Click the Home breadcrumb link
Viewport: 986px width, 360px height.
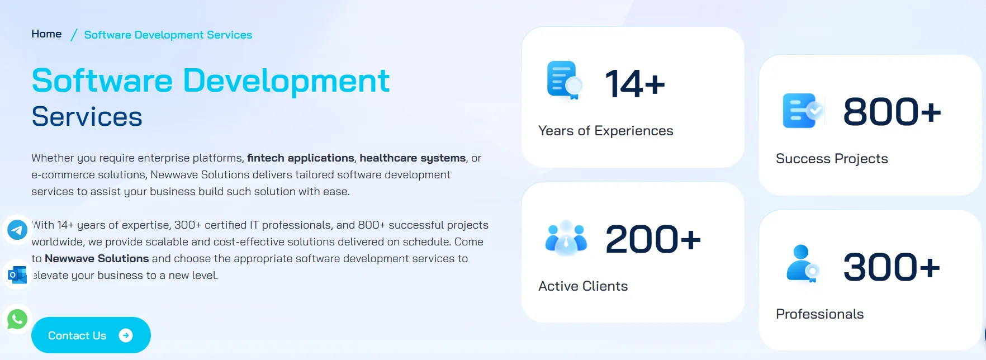[46, 34]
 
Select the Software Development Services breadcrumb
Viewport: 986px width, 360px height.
[168, 35]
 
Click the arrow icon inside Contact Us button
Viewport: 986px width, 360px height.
[126, 335]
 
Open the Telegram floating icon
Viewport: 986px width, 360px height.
[17, 230]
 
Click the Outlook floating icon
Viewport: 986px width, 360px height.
[17, 274]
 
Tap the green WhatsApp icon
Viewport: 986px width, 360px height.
[17, 319]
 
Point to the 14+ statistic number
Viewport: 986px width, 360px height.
[635, 84]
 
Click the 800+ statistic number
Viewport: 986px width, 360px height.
[892, 112]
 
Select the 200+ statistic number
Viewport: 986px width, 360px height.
[652, 239]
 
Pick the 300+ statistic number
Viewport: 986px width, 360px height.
[892, 267]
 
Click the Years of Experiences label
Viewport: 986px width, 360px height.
[605, 131]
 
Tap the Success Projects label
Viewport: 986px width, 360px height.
[832, 159]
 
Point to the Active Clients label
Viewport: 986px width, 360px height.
[583, 286]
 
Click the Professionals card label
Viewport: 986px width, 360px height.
[819, 314]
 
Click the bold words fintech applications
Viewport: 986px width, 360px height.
[301, 158]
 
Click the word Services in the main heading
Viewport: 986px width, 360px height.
[87, 117]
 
